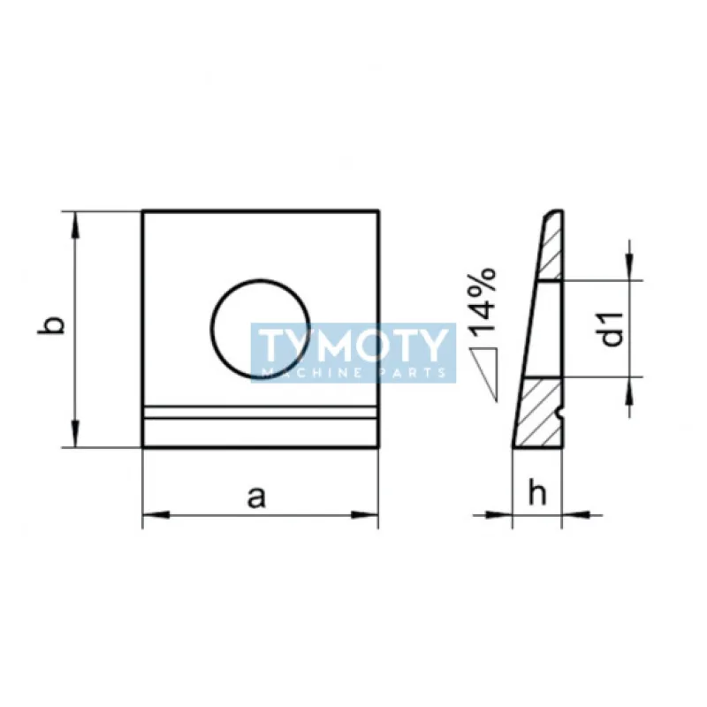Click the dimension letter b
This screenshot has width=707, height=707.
[x=50, y=325]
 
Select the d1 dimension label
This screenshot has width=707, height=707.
[x=612, y=329]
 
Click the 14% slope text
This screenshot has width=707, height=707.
[x=482, y=302]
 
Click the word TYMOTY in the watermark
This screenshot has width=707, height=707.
[x=353, y=346]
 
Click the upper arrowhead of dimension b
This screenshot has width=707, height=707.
[x=75, y=225]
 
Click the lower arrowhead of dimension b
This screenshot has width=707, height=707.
[x=75, y=433]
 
